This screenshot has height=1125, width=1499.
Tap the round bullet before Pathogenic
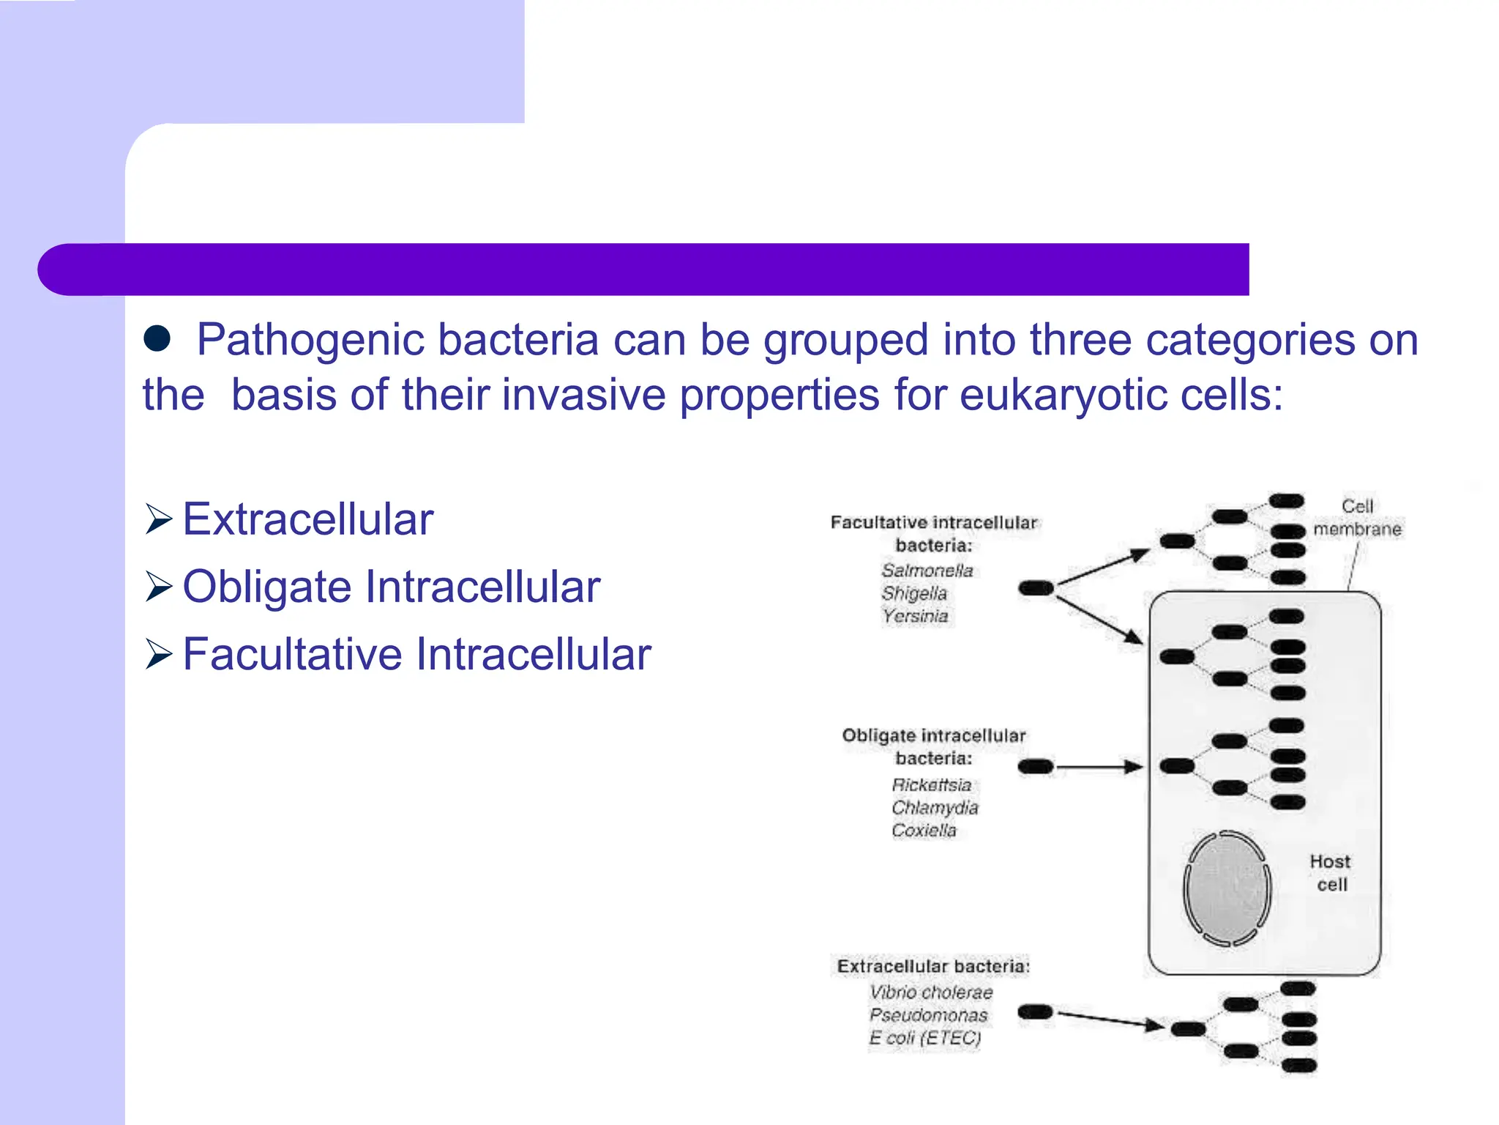[x=157, y=338]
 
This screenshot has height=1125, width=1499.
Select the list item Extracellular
[x=307, y=519]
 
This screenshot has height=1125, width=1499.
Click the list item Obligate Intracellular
[x=391, y=587]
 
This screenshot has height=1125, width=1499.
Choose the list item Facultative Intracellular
[x=416, y=654]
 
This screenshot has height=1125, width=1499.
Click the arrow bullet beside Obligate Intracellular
[x=158, y=587]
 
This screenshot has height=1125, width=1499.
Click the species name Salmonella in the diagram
[x=927, y=571]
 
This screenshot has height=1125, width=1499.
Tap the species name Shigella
[x=914, y=593]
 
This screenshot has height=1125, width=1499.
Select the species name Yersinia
[x=915, y=616]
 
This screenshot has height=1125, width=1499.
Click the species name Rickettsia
[x=932, y=784]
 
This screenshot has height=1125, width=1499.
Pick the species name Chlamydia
[x=935, y=807]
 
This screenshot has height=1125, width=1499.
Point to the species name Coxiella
[x=924, y=830]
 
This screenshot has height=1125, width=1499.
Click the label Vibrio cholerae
[x=931, y=992]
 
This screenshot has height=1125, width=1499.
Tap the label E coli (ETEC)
[x=925, y=1038]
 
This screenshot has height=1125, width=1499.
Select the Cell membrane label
[x=1357, y=517]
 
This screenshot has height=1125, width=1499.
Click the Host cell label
[x=1330, y=873]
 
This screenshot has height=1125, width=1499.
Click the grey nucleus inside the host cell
[x=1227, y=888]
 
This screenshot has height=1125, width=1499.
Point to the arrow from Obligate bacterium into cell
[x=1098, y=767]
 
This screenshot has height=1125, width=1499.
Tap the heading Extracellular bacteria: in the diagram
[x=933, y=966]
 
